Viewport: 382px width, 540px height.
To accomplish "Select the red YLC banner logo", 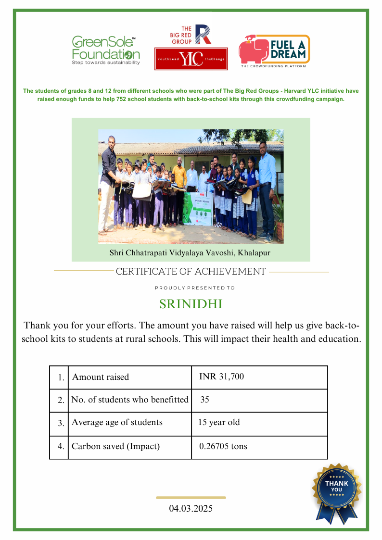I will point(191,59).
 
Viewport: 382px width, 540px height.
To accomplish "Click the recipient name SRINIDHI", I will point(191,304).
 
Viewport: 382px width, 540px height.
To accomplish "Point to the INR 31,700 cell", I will point(221,377).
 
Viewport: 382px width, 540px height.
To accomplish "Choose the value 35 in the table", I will point(204,400).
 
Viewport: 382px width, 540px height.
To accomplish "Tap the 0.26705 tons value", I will point(223,446).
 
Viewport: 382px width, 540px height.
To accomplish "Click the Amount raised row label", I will point(101,377).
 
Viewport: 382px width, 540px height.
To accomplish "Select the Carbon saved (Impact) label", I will point(115,446).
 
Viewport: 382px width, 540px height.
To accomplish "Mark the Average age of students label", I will point(117,423).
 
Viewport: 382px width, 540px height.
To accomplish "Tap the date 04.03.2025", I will point(191,508).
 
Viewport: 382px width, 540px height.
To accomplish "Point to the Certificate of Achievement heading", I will point(191,272).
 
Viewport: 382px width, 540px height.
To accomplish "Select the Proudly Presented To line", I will point(195,288).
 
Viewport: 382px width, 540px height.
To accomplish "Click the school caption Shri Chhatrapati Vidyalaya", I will point(191,252).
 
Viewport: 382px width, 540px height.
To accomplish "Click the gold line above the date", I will point(191,498).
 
